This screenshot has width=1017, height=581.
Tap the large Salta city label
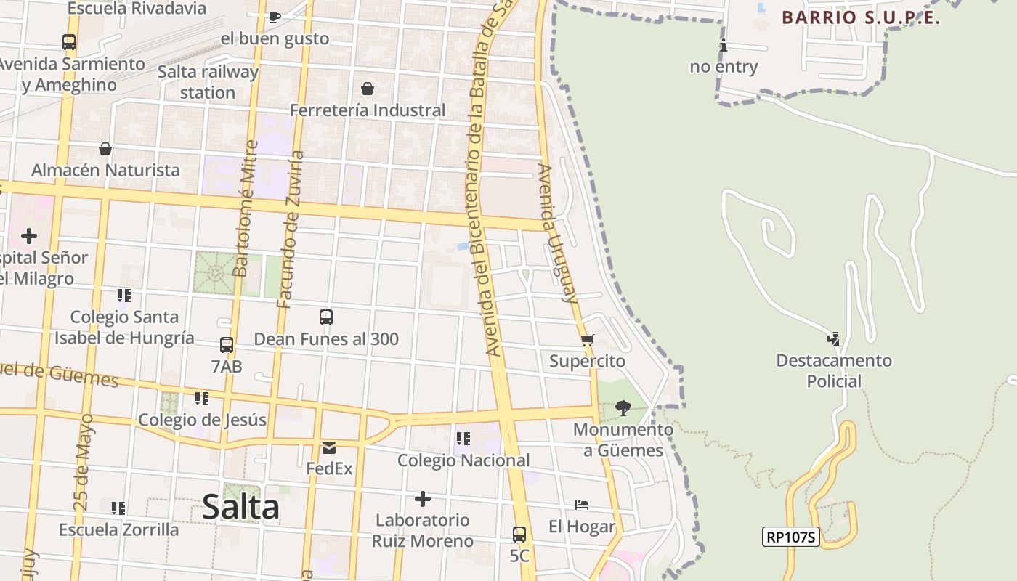[x=240, y=506]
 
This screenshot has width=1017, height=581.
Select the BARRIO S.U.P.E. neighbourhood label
[x=861, y=18]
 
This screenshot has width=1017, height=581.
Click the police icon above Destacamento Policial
[x=834, y=338]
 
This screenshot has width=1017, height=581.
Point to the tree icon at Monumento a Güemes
[x=623, y=408]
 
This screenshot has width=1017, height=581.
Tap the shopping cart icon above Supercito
[x=588, y=340]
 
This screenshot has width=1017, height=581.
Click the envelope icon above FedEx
[x=329, y=447]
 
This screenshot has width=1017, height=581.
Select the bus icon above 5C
[x=519, y=535]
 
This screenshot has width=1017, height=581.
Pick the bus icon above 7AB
[x=227, y=345]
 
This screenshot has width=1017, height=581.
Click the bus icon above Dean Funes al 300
[x=326, y=317]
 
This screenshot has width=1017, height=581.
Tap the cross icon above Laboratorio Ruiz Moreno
[x=422, y=499]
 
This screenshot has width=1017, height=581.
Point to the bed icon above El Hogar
[x=582, y=505]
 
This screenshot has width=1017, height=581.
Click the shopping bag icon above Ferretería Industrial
[x=368, y=89]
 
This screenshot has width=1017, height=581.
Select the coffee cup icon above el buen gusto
[x=275, y=17]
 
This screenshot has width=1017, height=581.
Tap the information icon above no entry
[x=723, y=46]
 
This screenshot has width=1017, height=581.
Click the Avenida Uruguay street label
[x=557, y=233]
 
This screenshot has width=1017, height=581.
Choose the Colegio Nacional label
[x=463, y=460]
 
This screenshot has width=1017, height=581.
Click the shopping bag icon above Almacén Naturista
[x=105, y=149]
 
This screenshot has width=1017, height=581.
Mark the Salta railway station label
[x=208, y=82]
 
